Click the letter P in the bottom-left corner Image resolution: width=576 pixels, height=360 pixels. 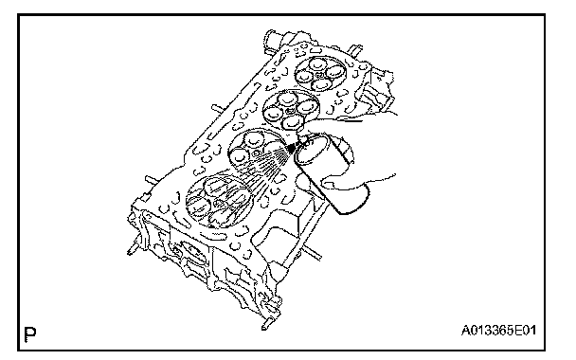coord(30,333)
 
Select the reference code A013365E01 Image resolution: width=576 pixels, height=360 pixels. coord(498,331)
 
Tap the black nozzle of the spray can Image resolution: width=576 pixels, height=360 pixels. coord(291,148)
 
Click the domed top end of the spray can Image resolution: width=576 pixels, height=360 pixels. coord(312,149)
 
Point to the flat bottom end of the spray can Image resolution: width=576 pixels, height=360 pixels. coord(353,200)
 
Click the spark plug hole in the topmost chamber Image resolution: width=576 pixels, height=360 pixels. coord(319,75)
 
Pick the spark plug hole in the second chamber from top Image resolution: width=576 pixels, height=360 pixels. coord(290,110)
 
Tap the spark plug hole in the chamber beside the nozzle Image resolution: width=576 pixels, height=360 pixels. coord(256,153)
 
